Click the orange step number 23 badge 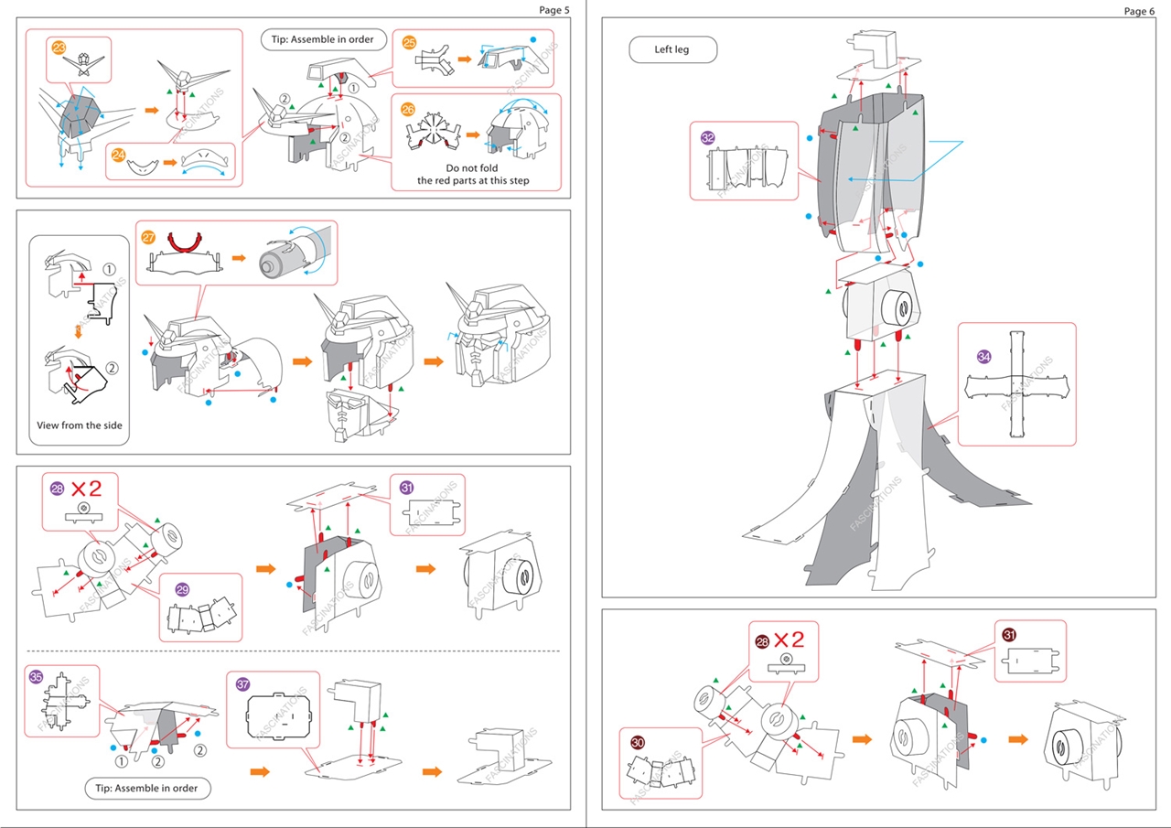click(x=59, y=48)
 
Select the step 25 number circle click(x=409, y=42)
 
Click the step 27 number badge click(x=149, y=236)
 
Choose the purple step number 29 click(x=182, y=589)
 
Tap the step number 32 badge click(x=707, y=137)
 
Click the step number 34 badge click(x=983, y=357)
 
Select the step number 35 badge click(x=36, y=677)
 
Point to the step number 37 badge click(x=242, y=684)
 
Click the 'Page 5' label click(x=553, y=10)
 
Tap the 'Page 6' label click(x=1139, y=11)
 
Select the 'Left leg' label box click(x=671, y=49)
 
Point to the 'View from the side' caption click(x=79, y=425)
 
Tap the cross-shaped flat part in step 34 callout click(x=1015, y=384)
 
